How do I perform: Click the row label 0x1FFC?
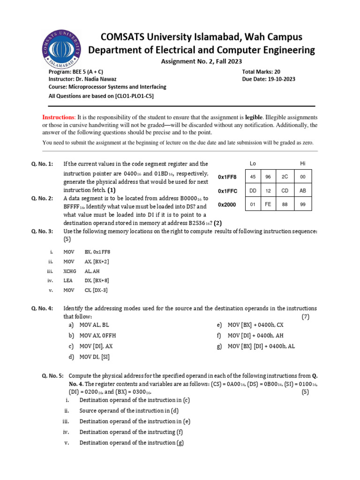227,191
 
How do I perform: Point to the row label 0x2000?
227,205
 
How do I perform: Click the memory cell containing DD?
253,191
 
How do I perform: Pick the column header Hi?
302,163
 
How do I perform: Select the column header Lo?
253,163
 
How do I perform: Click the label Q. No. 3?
42,232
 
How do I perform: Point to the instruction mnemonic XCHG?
69,271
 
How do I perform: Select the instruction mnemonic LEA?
67,281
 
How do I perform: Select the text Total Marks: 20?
261,72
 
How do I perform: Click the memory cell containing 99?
302,204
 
